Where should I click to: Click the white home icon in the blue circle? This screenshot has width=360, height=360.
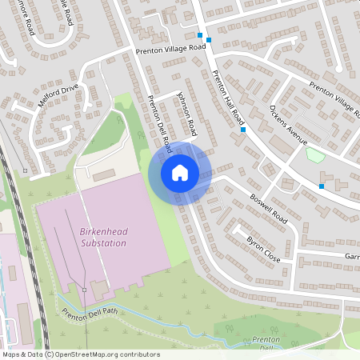pos(180,172)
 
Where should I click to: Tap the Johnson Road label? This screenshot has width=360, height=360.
pos(186,118)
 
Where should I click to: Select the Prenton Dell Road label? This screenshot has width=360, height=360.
pos(160,125)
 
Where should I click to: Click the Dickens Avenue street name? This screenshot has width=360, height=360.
pos(289,124)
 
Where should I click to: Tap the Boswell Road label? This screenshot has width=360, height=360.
pos(268,206)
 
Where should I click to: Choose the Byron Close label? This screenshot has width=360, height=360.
pos(263,247)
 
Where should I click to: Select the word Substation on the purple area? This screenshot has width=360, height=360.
pos(103,242)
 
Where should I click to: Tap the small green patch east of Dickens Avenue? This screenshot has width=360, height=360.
pos(315,154)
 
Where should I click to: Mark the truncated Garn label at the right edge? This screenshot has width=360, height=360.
pos(352,257)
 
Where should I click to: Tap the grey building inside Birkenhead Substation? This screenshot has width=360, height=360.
pos(100,287)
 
